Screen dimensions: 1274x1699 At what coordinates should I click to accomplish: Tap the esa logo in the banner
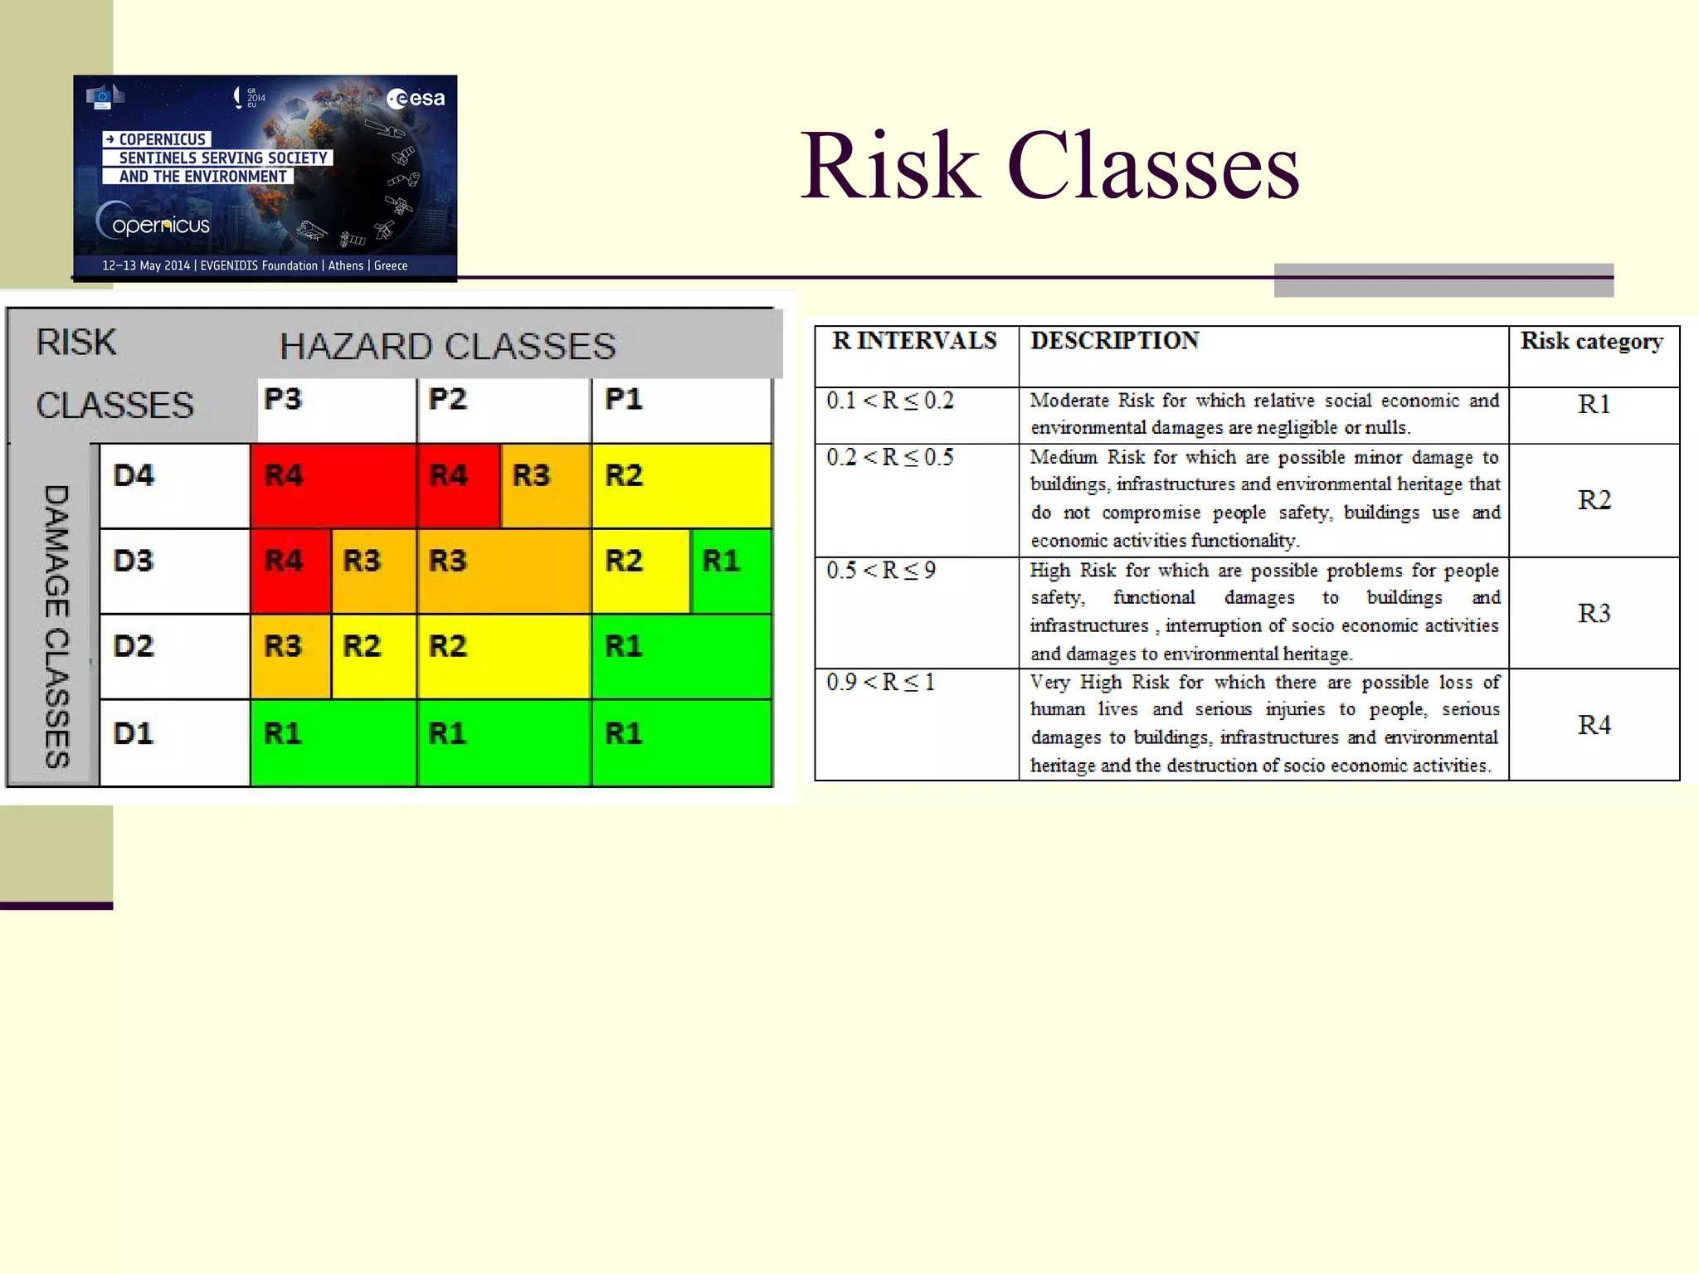coord(416,99)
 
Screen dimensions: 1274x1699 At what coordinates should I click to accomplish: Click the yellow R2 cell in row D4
coord(680,486)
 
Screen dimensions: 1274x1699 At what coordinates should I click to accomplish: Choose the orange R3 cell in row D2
coord(290,656)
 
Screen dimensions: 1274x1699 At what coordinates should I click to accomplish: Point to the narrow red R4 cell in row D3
coord(290,571)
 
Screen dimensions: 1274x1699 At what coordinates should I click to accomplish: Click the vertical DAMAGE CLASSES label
coord(56,626)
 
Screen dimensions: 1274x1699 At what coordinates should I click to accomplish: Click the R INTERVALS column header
coord(915,341)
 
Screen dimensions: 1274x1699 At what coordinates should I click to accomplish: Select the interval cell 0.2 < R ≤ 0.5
coord(890,458)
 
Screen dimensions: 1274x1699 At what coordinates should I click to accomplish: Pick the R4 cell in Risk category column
coord(1594,725)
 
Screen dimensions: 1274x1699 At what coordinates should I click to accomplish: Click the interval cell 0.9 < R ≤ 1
coord(881,683)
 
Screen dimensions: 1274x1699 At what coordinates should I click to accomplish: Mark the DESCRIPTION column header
coord(1114,341)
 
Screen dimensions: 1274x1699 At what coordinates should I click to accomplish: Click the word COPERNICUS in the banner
coord(162,139)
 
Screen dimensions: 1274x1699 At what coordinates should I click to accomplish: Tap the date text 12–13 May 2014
coord(146,265)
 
